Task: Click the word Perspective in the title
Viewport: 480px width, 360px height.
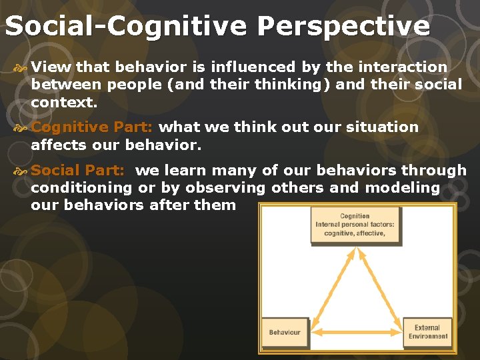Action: tap(343, 26)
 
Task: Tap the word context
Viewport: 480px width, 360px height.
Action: tap(64, 103)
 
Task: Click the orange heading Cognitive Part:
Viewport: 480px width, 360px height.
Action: tap(92, 127)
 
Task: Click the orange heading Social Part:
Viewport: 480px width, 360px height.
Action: tap(77, 171)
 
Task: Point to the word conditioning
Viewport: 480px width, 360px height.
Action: tap(81, 188)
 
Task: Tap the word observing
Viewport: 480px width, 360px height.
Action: tap(224, 188)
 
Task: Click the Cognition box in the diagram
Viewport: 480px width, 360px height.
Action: tap(355, 225)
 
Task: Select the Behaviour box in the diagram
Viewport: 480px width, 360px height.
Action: tap(285, 332)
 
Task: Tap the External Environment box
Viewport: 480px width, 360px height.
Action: tap(431, 332)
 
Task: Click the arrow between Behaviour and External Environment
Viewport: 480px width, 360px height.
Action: tap(357, 332)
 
